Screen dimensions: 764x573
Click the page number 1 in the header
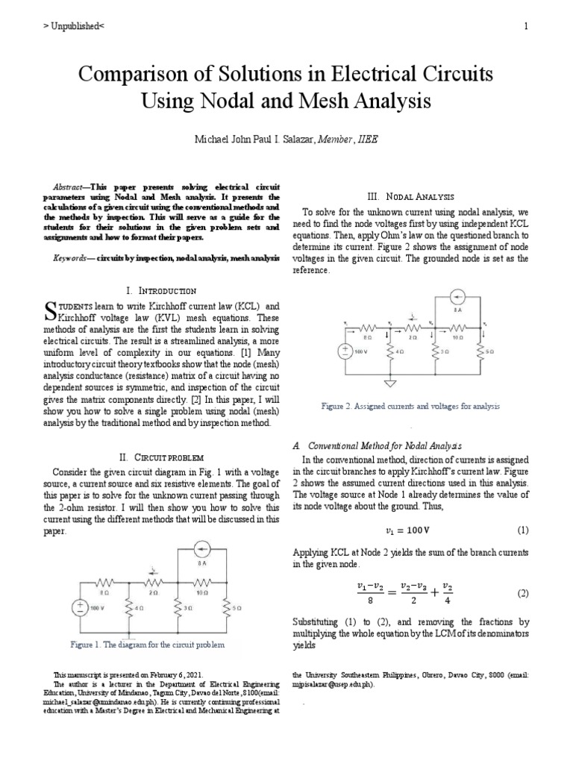point(526,27)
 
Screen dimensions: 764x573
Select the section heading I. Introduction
point(161,290)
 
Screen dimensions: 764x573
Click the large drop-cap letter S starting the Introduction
point(51,311)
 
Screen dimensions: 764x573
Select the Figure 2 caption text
point(410,407)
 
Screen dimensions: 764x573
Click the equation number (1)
point(522,530)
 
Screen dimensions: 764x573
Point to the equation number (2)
point(522,593)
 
